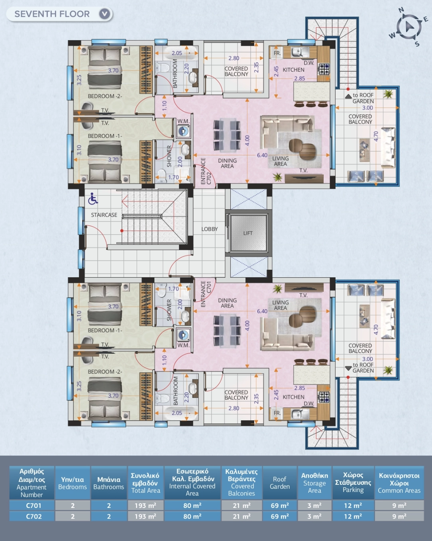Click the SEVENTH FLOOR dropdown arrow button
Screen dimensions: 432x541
104,14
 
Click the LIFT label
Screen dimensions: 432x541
248,233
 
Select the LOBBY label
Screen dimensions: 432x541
210,229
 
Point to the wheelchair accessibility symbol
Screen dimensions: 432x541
93,198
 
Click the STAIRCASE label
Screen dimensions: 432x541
104,215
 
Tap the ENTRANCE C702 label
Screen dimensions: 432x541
206,171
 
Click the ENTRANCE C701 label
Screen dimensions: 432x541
206,294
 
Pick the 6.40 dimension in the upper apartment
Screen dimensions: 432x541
262,155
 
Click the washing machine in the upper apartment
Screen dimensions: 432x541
183,131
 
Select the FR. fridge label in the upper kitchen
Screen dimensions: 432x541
277,53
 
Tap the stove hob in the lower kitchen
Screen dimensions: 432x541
324,397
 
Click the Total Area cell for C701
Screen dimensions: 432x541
145,505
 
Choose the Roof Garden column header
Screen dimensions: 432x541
280,483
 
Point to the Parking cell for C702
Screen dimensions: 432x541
353,516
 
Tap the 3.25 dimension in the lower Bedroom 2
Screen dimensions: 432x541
79,386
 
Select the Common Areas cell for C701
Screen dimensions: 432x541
399,505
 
